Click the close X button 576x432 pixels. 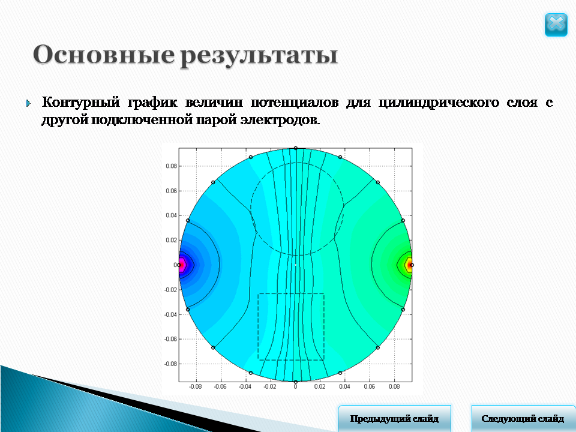click(556, 25)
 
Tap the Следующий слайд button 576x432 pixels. click(523, 418)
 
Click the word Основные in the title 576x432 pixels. click(104, 55)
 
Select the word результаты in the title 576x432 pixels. click(259, 56)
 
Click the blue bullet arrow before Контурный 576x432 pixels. click(29, 103)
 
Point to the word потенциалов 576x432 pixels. click(295, 102)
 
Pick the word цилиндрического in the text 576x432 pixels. click(439, 103)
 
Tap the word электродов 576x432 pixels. click(280, 120)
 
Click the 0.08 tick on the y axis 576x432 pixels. click(171, 166)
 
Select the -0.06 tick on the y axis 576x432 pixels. click(171, 339)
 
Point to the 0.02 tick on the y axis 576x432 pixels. click(171, 240)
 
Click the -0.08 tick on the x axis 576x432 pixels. click(196, 386)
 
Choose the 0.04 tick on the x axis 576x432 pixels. click(344, 386)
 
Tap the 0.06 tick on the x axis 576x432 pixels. click(370, 386)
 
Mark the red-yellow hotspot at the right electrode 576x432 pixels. click(409, 265)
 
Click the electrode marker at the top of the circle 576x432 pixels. click(295, 148)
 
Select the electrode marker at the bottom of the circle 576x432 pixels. click(295, 382)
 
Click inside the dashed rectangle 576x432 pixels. click(291, 326)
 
